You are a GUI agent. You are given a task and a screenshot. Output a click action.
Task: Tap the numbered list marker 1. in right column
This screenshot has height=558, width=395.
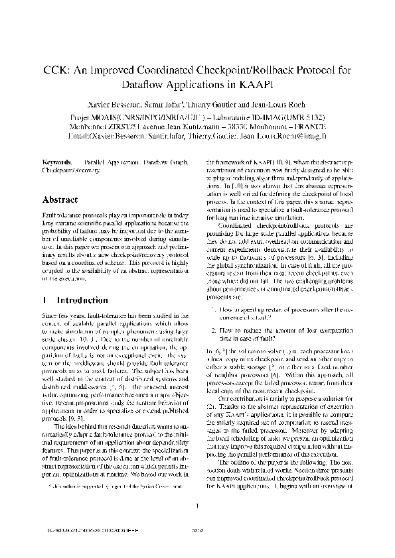[212, 309]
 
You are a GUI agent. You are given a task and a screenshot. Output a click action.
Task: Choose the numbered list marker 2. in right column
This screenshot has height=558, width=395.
[212, 329]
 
